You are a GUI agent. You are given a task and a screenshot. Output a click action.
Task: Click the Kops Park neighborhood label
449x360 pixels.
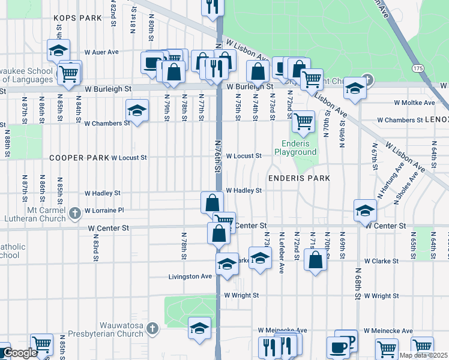[x=77, y=18]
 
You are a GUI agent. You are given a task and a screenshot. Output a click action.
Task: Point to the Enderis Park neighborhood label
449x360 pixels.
[x=299, y=178]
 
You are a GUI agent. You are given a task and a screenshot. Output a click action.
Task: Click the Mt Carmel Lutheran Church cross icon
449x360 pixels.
[x=74, y=212]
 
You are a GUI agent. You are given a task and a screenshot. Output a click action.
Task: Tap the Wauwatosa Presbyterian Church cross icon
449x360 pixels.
[x=152, y=328]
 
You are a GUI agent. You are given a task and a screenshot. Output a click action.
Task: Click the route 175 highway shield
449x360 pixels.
[x=418, y=66]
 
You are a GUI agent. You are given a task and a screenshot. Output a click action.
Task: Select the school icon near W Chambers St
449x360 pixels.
[x=137, y=110]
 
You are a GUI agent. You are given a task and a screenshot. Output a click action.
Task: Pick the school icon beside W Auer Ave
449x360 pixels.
[x=58, y=50]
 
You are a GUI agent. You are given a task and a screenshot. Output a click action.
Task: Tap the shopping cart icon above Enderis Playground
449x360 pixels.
[x=303, y=121]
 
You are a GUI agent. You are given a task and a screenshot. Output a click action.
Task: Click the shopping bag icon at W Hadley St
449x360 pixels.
[x=212, y=202]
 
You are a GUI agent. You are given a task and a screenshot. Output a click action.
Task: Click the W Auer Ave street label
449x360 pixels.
[x=101, y=52]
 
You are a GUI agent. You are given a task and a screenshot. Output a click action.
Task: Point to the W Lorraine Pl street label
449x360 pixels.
[x=104, y=211]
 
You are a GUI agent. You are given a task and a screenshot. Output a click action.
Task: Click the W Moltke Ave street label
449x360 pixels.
[x=414, y=103]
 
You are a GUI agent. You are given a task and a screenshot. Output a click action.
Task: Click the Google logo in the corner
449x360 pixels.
[x=19, y=353]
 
